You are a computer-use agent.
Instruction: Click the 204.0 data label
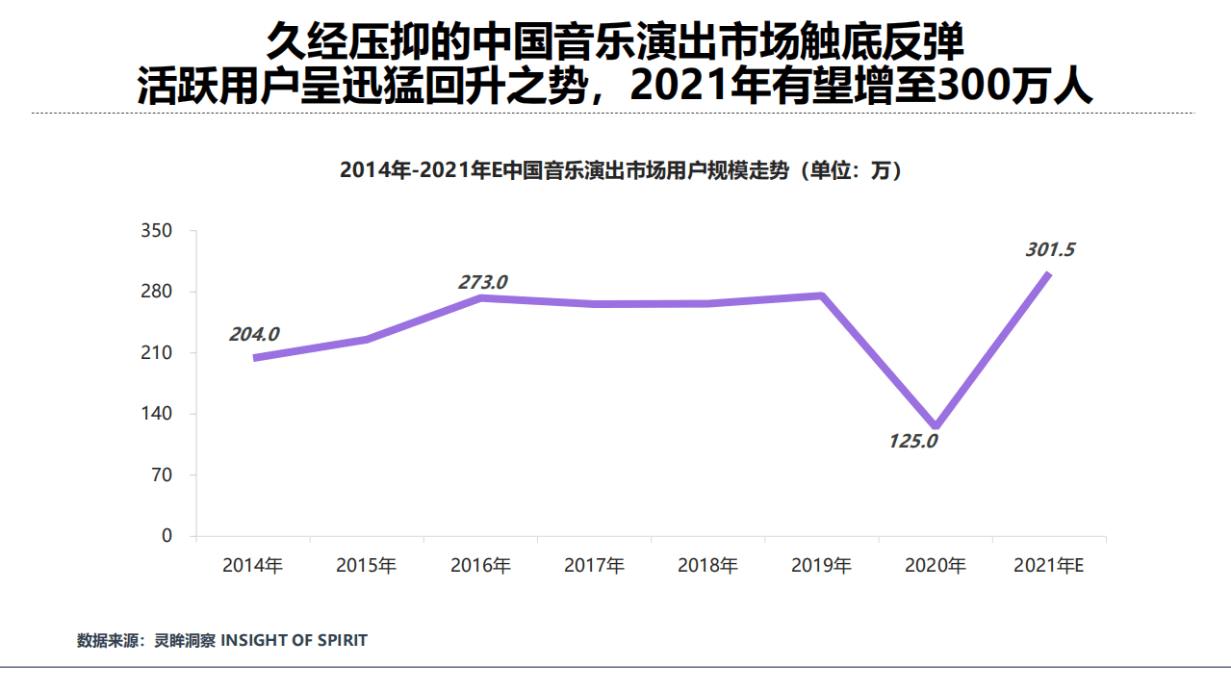pos(254,335)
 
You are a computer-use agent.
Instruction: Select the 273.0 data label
pos(482,282)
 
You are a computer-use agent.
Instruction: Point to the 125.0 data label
pos(912,443)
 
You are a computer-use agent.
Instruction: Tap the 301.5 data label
pos(1050,250)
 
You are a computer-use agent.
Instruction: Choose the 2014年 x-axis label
pos(252,566)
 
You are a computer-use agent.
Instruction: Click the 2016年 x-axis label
pos(480,566)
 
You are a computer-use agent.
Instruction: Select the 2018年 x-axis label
pos(707,566)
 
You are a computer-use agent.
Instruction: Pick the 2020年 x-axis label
pos(936,566)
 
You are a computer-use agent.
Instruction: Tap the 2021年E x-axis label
pos(1049,566)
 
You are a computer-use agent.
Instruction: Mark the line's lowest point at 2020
pos(935,426)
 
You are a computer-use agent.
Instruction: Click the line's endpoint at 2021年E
pos(1048,274)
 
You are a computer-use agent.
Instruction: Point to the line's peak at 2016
pos(480,298)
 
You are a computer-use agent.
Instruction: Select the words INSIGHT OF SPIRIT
pos(295,640)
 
